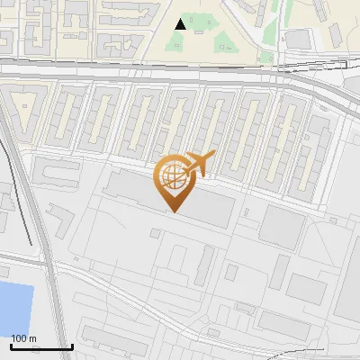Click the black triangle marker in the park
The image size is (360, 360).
tap(181, 24)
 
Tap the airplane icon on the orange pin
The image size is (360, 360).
tap(197, 163)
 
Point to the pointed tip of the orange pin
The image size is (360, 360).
tap(173, 210)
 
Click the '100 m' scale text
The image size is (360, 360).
tap(23, 337)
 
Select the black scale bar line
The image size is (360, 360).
tap(41, 346)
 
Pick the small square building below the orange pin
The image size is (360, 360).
tap(156, 233)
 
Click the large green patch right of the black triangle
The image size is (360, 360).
tap(220, 36)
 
